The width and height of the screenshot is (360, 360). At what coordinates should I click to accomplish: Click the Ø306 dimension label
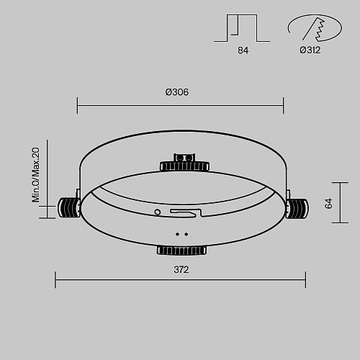tap(177, 92)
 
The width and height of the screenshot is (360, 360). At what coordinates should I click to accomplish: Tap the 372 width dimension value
tap(181, 270)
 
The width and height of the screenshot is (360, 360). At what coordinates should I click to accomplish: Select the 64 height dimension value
tap(328, 203)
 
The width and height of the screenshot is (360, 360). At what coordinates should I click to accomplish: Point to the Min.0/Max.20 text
tap(36, 175)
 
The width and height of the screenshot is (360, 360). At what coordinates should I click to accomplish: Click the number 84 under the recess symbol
tap(243, 50)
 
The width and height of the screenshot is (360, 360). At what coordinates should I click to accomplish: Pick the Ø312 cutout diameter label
tap(310, 50)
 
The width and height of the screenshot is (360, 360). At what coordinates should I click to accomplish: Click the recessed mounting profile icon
tap(242, 28)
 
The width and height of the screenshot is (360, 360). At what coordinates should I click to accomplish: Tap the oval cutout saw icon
tap(315, 27)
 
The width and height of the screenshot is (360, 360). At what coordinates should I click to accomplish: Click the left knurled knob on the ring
tap(69, 208)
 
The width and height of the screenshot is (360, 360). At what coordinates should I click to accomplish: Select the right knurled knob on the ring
tap(297, 208)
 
